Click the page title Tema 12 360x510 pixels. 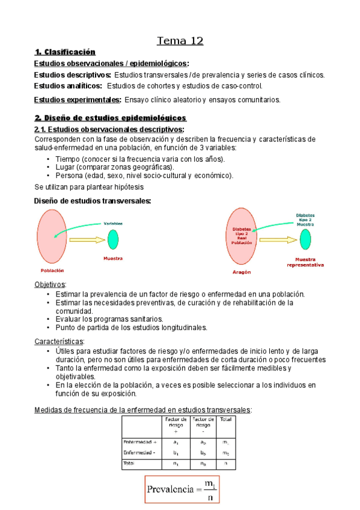click(x=180, y=41)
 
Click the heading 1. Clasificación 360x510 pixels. click(x=66, y=52)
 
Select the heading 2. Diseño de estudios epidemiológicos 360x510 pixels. click(x=110, y=118)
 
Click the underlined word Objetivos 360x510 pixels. click(x=50, y=284)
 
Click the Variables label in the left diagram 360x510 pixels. click(x=113, y=223)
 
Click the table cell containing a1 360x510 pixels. click(x=176, y=441)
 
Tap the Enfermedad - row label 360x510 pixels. click(x=139, y=452)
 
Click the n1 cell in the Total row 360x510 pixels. click(x=176, y=464)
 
